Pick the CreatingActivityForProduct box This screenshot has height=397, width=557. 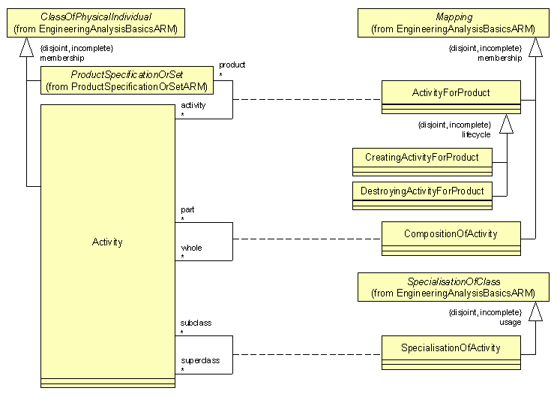pos(422,158)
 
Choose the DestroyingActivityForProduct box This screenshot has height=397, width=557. pos(422,191)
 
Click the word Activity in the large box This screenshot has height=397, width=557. pos(107,242)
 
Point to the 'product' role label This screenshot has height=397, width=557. pos(231,65)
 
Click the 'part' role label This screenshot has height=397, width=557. pos(187,209)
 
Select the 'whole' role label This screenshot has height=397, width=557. pos(191,248)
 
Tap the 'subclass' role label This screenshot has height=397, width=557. pos(196,323)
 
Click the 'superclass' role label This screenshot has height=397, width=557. pos(200,360)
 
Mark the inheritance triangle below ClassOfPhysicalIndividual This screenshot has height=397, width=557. pos(27,47)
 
